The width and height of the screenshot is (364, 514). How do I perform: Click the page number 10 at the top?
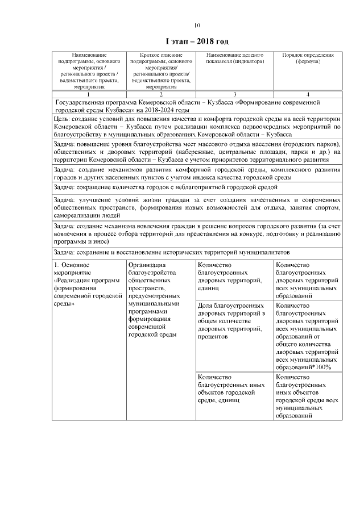[x=197, y=25]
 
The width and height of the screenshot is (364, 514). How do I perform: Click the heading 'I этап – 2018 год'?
[x=197, y=42]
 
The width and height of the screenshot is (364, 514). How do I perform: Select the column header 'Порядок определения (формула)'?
[x=308, y=58]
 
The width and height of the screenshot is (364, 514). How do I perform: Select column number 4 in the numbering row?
[x=308, y=94]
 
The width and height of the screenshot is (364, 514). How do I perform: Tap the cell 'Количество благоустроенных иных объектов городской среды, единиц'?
[x=233, y=388]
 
